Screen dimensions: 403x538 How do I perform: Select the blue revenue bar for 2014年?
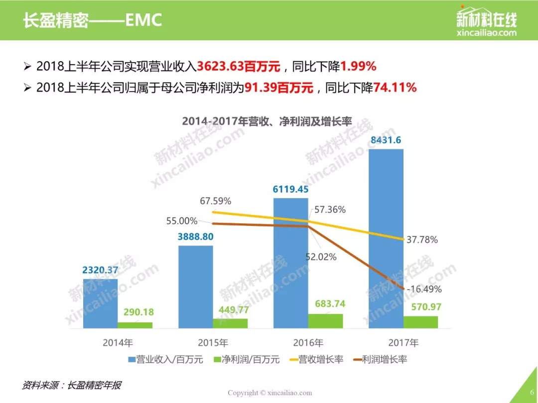100,303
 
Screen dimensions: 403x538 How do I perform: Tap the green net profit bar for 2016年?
325,321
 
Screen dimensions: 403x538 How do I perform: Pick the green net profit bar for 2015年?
230,323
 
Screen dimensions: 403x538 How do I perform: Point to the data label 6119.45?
290,189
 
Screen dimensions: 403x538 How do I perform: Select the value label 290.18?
135,312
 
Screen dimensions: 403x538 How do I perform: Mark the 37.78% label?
422,240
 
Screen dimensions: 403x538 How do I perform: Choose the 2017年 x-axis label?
404,343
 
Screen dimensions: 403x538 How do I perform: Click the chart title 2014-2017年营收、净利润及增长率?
267,121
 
